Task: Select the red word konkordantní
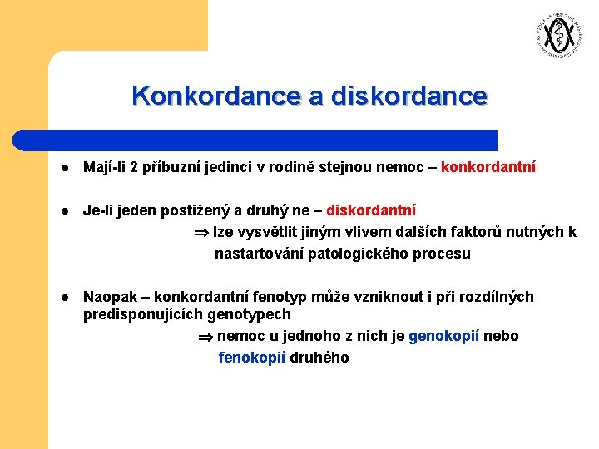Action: [x=488, y=168]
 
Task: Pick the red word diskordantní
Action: [x=371, y=211]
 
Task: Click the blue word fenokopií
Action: [x=252, y=358]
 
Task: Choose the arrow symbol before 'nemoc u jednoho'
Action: [x=205, y=337]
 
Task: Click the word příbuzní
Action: [x=171, y=168]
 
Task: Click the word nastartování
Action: [x=260, y=254]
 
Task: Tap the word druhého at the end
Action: [x=319, y=358]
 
